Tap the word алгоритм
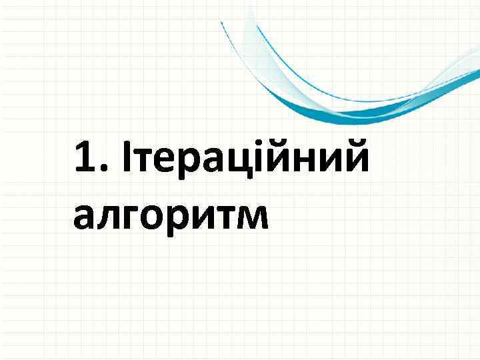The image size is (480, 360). pyautogui.click(x=171, y=217)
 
